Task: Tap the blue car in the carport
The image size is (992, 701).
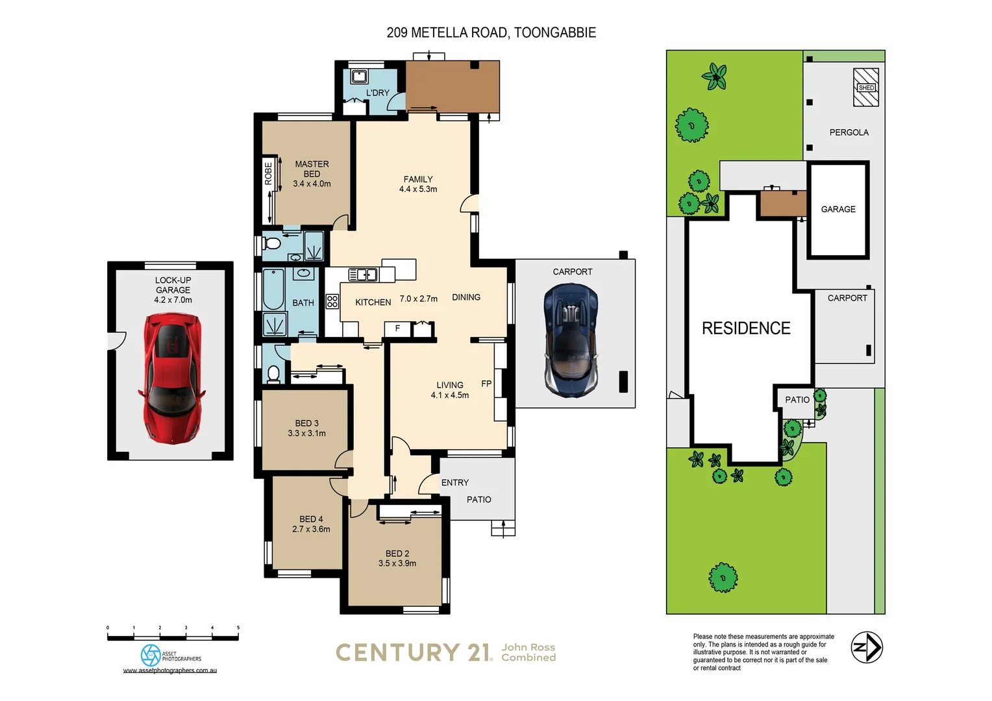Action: [x=571, y=339]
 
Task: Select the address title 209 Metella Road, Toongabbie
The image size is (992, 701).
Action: [x=491, y=32]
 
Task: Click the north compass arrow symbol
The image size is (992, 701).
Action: [x=867, y=647]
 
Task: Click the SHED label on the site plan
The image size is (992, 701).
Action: [x=866, y=88]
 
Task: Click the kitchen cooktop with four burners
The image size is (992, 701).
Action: [x=332, y=301]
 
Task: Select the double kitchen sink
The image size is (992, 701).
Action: [x=363, y=275]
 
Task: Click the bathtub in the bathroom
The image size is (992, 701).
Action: [x=273, y=289]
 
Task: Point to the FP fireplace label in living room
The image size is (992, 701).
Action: [x=486, y=384]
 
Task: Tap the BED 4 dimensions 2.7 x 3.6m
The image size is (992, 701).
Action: [x=311, y=529]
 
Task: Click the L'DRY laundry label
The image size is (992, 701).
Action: [x=377, y=93]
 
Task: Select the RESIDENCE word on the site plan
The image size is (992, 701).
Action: [x=746, y=328]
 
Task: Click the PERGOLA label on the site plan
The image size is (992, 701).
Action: [x=849, y=132]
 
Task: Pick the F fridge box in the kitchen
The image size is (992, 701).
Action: [x=397, y=329]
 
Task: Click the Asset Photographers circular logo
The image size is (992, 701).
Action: [x=151, y=655]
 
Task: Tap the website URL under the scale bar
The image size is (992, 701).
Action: [x=170, y=670]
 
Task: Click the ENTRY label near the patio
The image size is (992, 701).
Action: [x=454, y=482]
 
